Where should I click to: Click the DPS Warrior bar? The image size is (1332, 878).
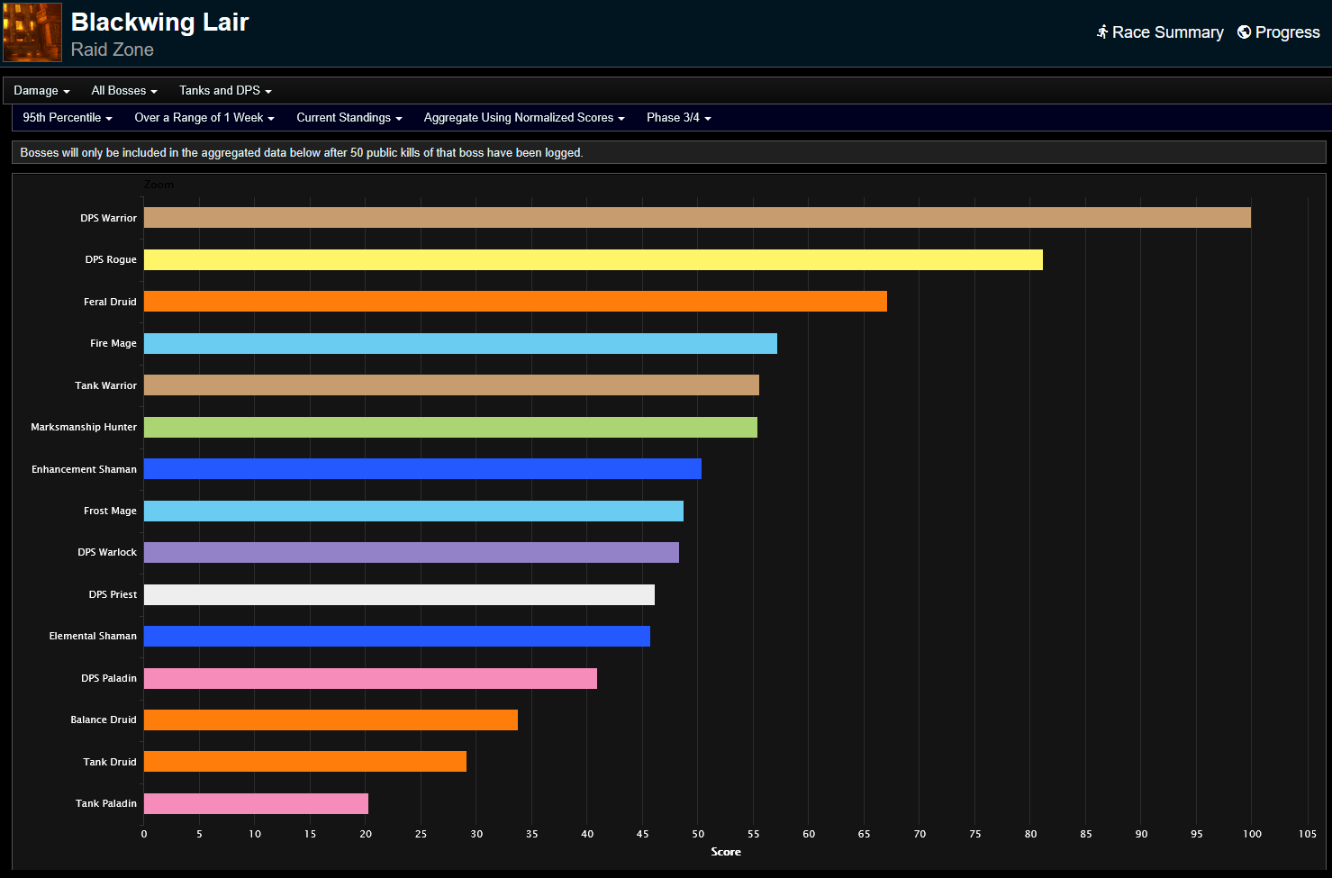(x=697, y=217)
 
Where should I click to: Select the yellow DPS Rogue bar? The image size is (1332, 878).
(x=593, y=259)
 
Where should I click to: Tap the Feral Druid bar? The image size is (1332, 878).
(x=515, y=301)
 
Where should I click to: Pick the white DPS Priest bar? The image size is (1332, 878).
(x=399, y=594)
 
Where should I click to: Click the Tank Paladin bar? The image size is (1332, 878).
(x=256, y=803)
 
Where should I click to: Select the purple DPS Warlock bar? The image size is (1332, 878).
(x=411, y=552)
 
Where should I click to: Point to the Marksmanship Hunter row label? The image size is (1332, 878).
(x=84, y=427)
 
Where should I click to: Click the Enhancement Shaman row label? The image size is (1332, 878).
(x=84, y=469)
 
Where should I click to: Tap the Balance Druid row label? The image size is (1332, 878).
(x=104, y=720)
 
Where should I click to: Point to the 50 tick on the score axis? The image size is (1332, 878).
(x=698, y=834)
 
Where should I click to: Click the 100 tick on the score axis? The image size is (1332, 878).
(x=1252, y=834)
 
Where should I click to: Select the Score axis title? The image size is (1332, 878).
(x=726, y=852)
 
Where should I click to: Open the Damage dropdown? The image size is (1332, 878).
(x=41, y=91)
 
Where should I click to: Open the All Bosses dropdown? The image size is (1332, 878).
(x=124, y=91)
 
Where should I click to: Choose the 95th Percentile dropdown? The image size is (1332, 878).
(x=68, y=118)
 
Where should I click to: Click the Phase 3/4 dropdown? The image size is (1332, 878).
(x=678, y=118)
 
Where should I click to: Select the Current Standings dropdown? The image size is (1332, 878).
(x=349, y=118)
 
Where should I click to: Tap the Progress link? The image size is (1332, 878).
(x=1279, y=32)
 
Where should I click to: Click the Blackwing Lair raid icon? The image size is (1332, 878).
(x=32, y=32)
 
